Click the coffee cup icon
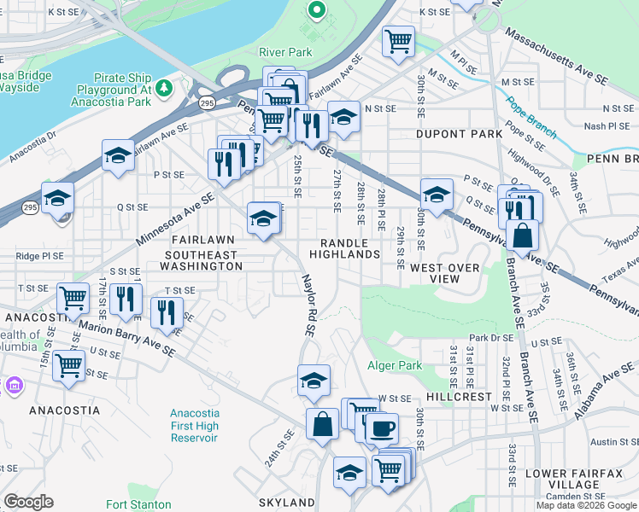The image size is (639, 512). click(382, 428)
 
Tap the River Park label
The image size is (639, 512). click(285, 52)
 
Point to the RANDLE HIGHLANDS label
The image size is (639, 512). click(344, 248)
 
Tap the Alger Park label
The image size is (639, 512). click(395, 365)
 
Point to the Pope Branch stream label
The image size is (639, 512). click(531, 119)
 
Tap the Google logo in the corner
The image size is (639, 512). click(28, 502)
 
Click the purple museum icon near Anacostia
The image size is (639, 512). click(12, 386)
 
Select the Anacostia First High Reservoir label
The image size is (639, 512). click(194, 425)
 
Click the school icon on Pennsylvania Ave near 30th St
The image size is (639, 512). click(436, 193)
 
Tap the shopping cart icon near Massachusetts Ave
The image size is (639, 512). click(398, 40)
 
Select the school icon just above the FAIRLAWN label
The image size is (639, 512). click(263, 218)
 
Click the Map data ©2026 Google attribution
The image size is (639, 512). click(586, 505)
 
